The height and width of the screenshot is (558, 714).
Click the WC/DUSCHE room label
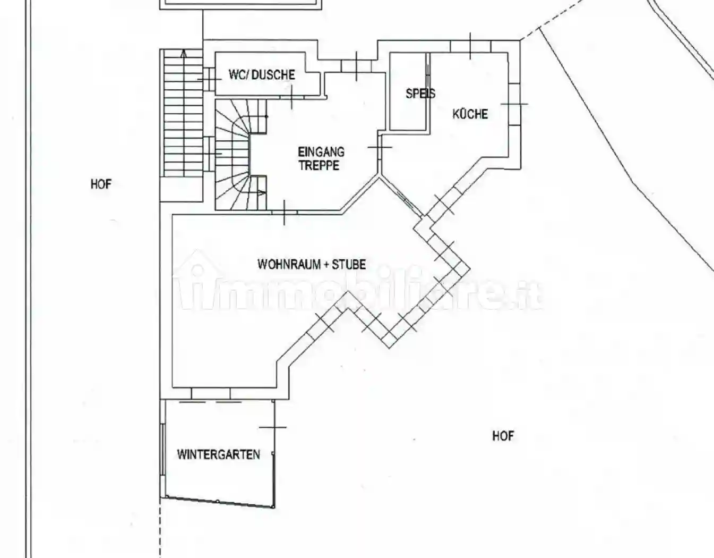click(x=262, y=74)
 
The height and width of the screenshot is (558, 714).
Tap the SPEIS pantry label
click(x=420, y=94)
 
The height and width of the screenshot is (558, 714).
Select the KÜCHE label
click(x=470, y=114)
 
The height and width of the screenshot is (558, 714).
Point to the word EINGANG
click(x=321, y=152)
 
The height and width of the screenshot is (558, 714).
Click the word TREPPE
click(x=319, y=165)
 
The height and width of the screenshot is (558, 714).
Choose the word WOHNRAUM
click(x=289, y=264)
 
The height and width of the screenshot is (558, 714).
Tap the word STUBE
click(x=349, y=264)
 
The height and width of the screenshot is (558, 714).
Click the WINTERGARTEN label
click(x=218, y=454)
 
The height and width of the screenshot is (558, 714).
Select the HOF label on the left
click(x=101, y=184)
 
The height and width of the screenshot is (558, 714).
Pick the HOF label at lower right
click(x=503, y=436)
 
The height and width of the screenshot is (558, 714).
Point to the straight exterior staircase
click(x=183, y=122)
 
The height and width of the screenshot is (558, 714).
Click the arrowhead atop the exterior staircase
click(x=184, y=52)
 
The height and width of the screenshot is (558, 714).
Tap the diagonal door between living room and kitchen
click(x=402, y=197)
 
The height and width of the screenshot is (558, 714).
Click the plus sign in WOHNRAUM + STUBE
click(x=325, y=264)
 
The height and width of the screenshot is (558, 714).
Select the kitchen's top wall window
click(x=470, y=47)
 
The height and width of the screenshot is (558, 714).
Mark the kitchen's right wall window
click(x=514, y=104)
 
